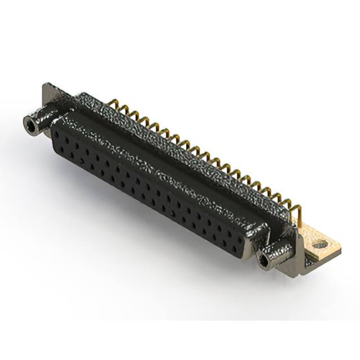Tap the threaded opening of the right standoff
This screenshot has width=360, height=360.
click(263, 260)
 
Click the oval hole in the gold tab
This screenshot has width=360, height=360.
click(321, 245)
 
